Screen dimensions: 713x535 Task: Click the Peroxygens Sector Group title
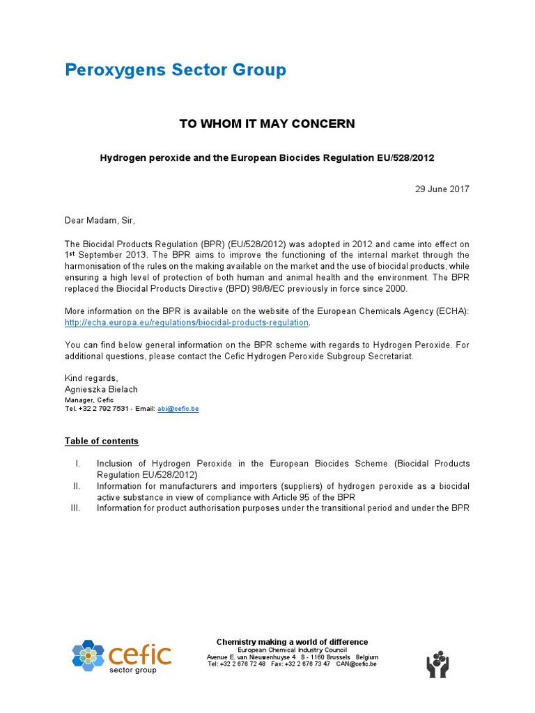coord(175,70)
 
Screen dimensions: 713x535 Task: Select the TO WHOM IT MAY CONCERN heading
coord(267,124)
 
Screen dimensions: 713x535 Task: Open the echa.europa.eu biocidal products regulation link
coord(187,322)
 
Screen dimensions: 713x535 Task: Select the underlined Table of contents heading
coord(102,441)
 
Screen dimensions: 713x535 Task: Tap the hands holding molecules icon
coord(437,664)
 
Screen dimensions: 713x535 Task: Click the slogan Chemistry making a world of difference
coord(292,642)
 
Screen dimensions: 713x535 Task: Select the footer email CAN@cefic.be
coord(356,664)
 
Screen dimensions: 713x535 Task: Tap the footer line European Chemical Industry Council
coord(292,650)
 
